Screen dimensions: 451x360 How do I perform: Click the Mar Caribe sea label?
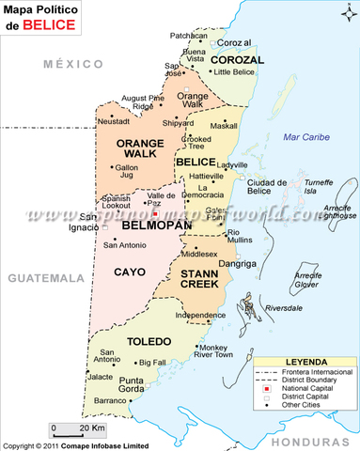coord(306,138)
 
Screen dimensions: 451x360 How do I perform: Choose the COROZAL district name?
coord(237,59)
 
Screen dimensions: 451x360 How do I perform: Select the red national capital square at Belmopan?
coord(156,214)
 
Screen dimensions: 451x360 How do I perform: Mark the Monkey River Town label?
coord(213,350)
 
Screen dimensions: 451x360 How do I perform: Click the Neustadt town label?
coord(114,121)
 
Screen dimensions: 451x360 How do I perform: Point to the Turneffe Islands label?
coord(319,184)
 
